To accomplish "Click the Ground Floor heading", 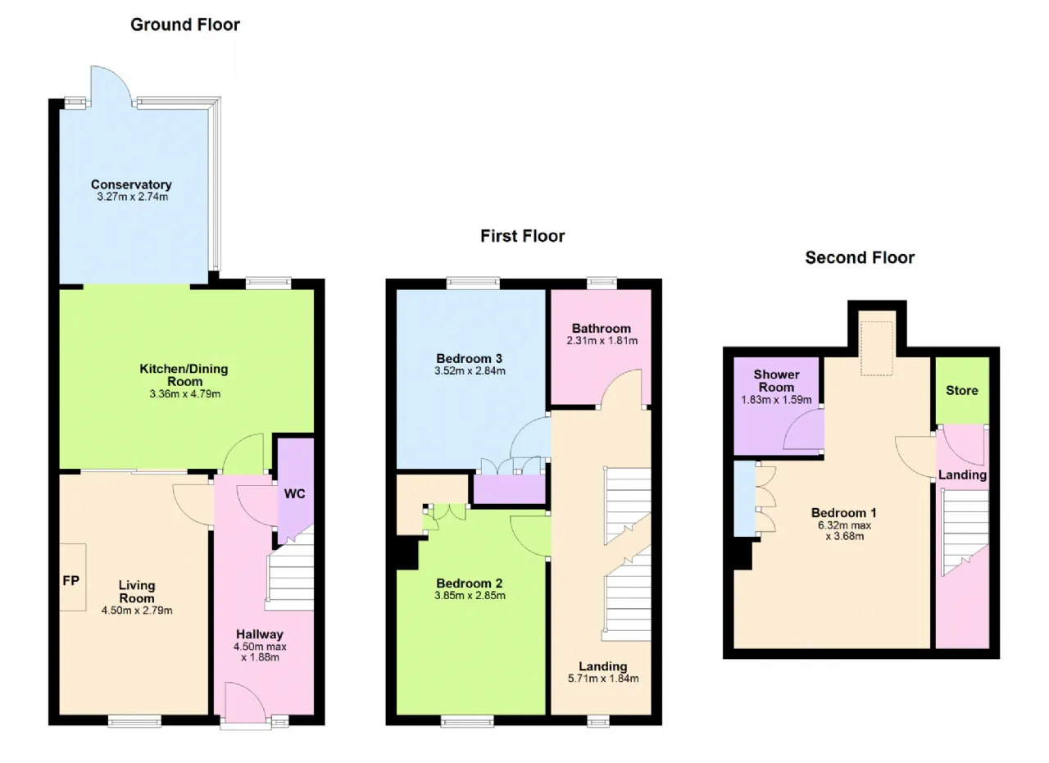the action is [x=185, y=25].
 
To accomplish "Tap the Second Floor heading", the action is [x=860, y=257].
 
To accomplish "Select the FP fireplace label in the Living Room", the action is [x=71, y=581].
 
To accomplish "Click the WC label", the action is [x=294, y=493].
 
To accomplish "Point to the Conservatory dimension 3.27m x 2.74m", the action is [x=133, y=197].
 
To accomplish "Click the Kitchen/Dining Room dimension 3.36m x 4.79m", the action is [x=185, y=394].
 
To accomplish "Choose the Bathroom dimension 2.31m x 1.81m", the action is [x=602, y=340].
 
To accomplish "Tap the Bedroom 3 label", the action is [x=470, y=359].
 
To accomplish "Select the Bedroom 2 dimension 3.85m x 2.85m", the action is [x=470, y=596].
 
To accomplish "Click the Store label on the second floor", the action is [x=962, y=391].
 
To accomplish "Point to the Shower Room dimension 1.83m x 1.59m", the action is [x=776, y=400].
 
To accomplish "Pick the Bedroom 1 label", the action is [x=844, y=513].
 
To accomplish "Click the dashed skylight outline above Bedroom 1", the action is [x=877, y=321].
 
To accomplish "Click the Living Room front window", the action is [x=135, y=721].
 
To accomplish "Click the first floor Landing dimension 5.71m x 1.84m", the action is [x=603, y=679].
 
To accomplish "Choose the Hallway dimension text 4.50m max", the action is [x=260, y=647].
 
